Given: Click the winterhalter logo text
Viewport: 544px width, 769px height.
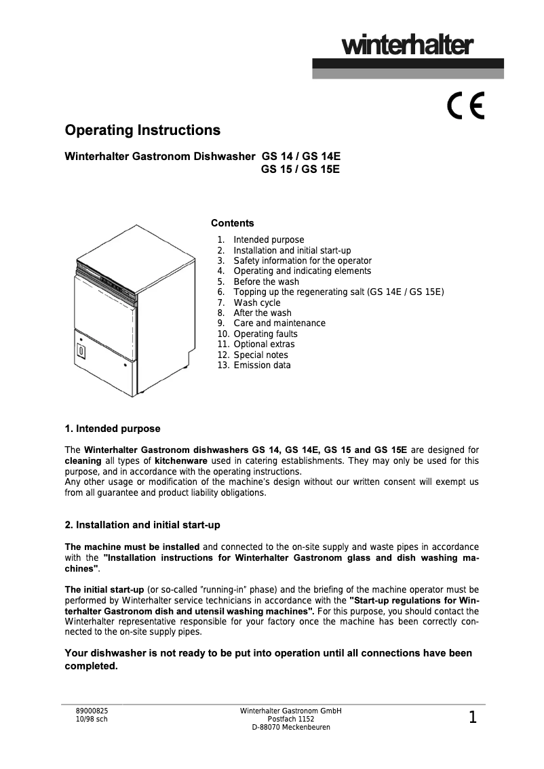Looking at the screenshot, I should coord(407,46).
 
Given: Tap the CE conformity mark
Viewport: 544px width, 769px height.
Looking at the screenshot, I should coord(465,106).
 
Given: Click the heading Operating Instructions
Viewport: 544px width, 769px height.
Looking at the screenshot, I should coord(142,130).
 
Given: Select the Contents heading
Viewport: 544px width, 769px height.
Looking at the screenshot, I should coord(233,223).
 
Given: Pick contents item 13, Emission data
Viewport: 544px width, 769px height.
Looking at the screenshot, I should coord(262,365).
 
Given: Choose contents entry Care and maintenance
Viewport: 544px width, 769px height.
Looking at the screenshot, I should coord(279,323).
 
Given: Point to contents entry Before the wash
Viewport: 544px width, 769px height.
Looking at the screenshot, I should coord(266,281).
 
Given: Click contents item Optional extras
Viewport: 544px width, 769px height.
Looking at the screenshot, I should coord(264,344).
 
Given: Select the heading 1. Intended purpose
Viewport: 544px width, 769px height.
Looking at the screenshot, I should coord(112,429).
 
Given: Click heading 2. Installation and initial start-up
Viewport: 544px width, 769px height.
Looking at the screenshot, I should coord(142,526).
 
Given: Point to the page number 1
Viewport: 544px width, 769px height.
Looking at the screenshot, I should coord(473,717).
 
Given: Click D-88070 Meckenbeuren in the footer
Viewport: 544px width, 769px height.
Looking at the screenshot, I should coord(291,728).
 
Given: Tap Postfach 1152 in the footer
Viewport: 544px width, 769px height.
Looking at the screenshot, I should coord(291,719).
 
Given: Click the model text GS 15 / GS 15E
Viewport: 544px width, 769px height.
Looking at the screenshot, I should coord(300,170).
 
